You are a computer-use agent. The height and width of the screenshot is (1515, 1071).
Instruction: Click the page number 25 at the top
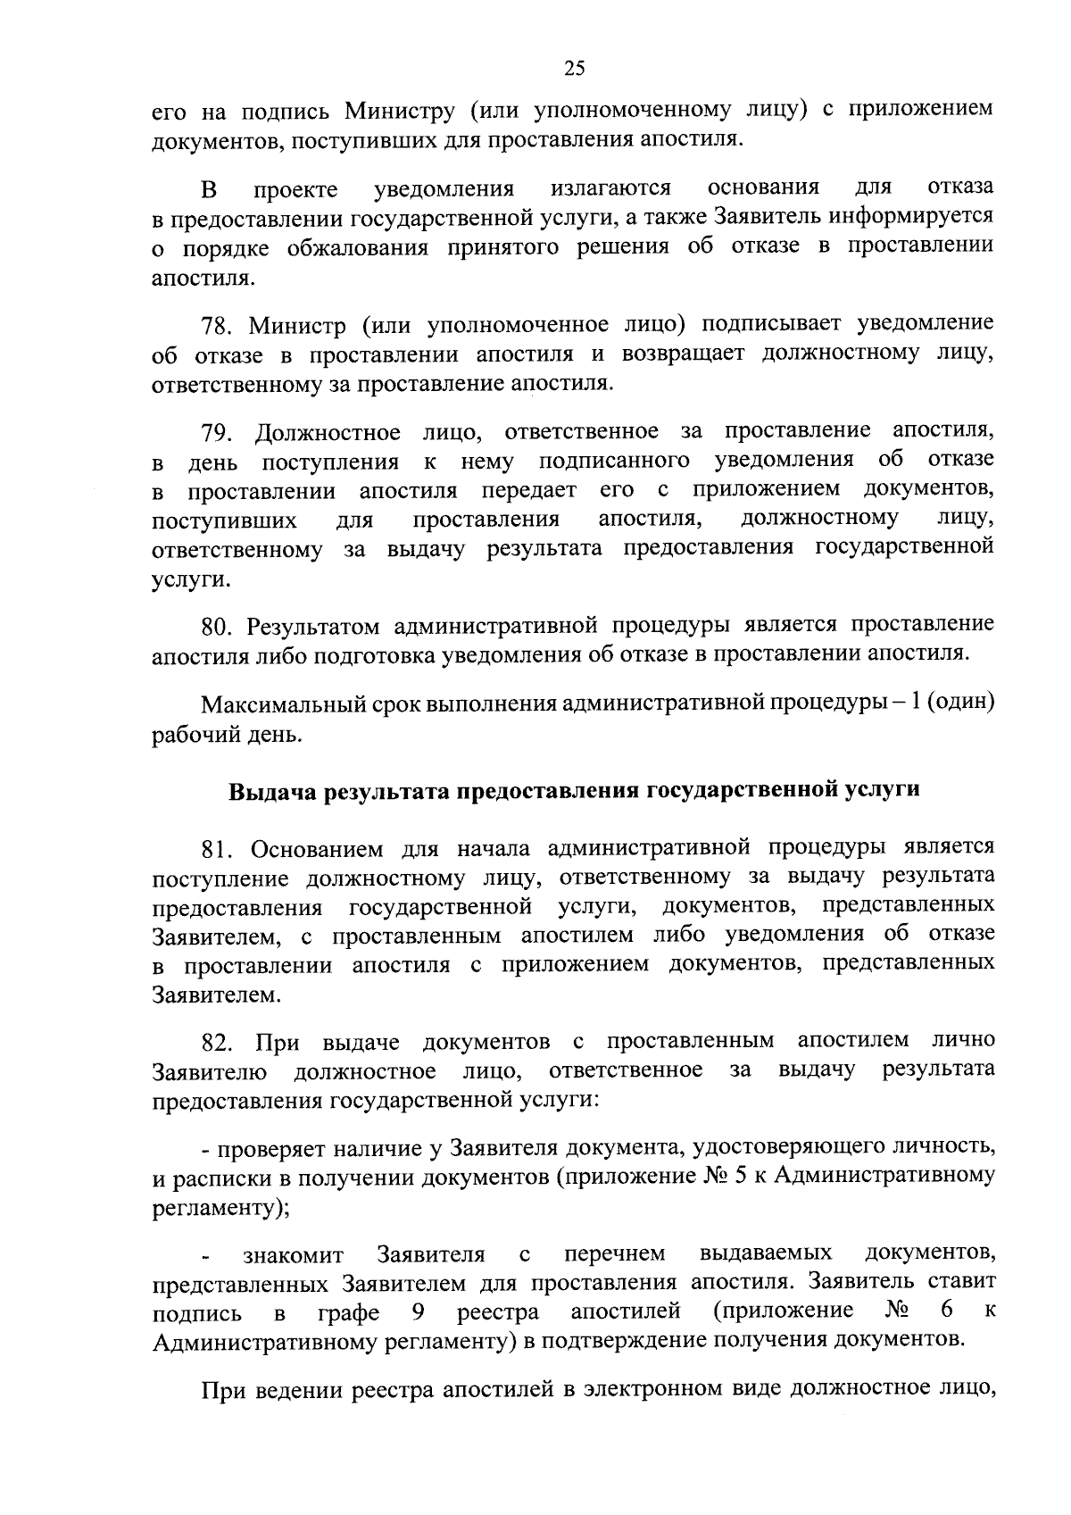(x=573, y=69)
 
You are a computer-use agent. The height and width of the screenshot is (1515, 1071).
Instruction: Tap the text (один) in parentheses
(x=959, y=703)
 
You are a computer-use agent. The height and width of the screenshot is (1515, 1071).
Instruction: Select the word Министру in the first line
(x=401, y=111)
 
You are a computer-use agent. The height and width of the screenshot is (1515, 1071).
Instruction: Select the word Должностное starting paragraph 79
(x=328, y=433)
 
